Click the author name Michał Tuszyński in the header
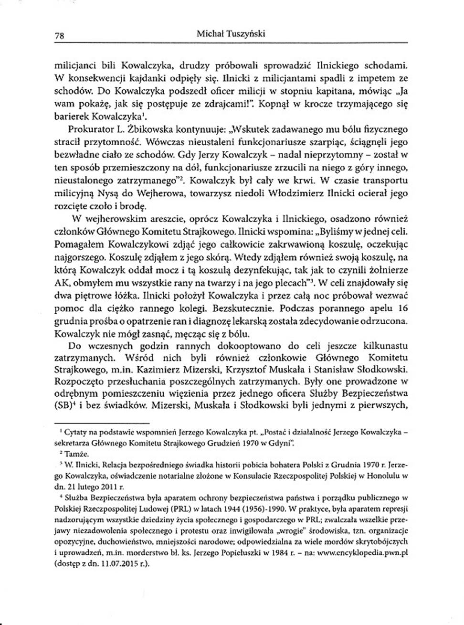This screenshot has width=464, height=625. [231, 34]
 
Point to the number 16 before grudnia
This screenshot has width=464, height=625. [402, 308]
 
